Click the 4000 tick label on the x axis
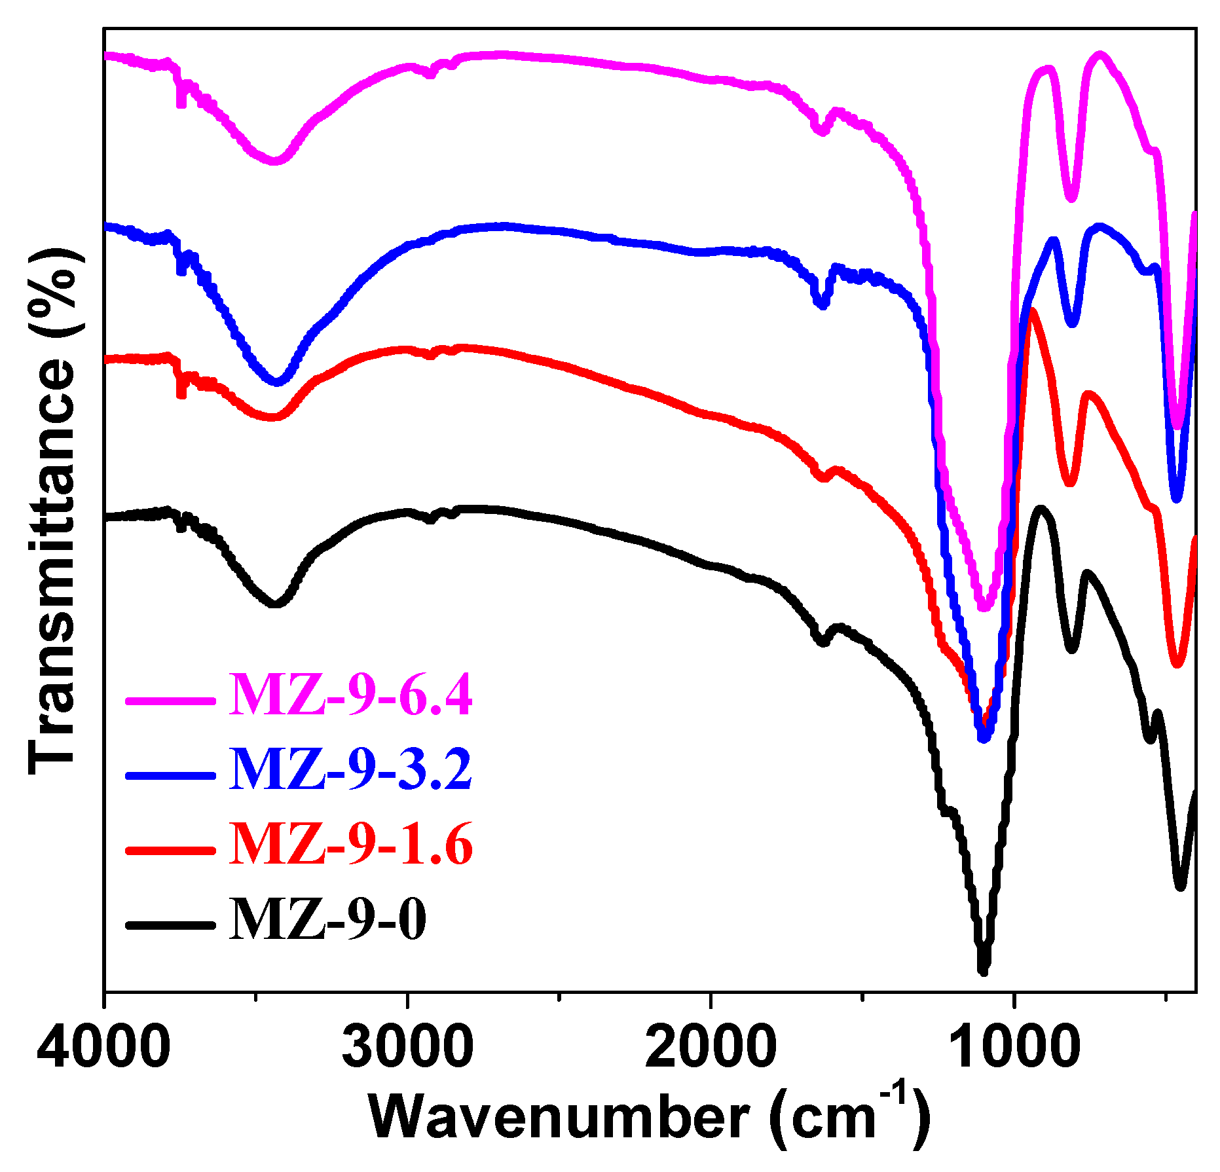103,1048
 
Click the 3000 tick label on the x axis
407,1048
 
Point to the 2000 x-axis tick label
710,1048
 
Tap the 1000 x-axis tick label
1013,1048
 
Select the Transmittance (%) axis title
52,511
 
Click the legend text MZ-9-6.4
350,696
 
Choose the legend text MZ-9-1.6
350,845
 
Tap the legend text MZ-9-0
327,920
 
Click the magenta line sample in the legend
170,700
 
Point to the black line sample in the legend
170,925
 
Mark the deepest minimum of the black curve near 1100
982,970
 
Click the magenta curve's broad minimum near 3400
275,160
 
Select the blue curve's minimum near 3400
277,381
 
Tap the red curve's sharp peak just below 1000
1033,311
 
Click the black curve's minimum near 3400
276,604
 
